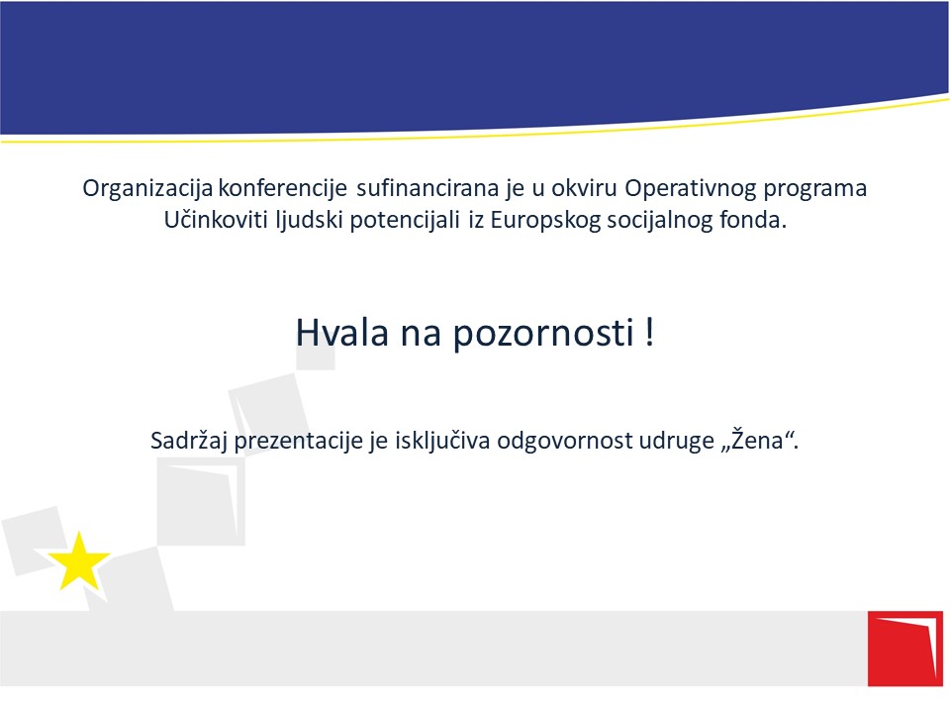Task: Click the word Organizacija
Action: [x=147, y=189]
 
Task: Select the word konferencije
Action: [x=282, y=188]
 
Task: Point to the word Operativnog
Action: [x=690, y=189]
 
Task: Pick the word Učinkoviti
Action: [x=216, y=219]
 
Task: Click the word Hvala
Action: [x=342, y=333]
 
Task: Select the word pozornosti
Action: [x=543, y=334]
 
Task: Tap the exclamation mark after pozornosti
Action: [x=649, y=332]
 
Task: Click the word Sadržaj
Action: [x=189, y=441]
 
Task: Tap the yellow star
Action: [x=79, y=561]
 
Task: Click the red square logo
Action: [x=905, y=649]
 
